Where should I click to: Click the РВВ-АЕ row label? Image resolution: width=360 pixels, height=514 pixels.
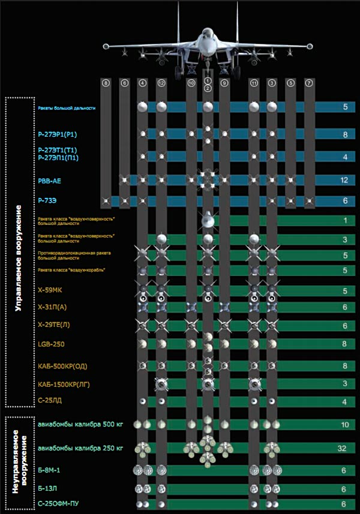point(48,179)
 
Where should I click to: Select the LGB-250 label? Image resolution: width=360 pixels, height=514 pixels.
point(50,344)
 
